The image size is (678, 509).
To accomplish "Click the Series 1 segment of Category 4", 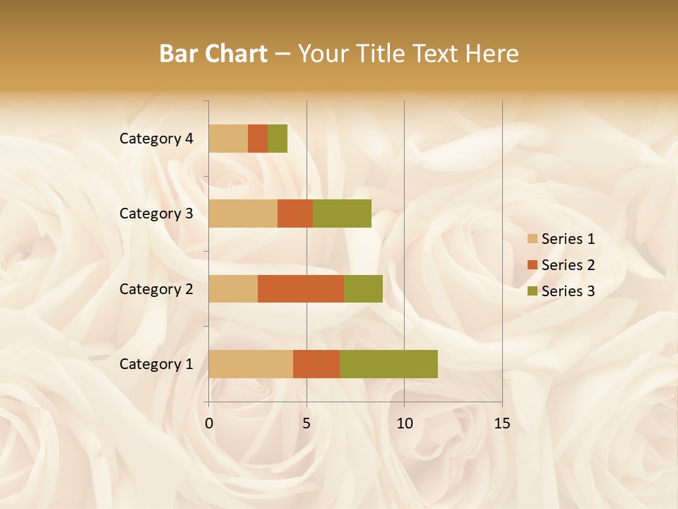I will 228,139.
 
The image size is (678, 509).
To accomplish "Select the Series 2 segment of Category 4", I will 258,139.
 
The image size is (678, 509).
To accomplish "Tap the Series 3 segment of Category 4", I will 278,139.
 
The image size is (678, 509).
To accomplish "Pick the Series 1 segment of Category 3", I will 243,213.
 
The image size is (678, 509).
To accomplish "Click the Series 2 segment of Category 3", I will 295,213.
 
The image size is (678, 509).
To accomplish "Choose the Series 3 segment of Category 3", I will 342,213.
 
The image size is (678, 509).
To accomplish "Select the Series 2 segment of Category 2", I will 301,288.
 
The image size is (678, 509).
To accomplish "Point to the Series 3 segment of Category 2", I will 363,288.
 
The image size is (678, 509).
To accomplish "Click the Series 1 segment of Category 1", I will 251,364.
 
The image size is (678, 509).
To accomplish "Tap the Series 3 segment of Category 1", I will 388,364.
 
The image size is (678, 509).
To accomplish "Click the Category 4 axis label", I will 156,139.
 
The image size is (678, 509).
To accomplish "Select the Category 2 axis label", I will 156,288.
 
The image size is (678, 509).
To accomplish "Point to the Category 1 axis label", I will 156,364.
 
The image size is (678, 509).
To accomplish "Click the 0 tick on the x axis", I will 209,423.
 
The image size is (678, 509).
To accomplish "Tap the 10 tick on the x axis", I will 404,423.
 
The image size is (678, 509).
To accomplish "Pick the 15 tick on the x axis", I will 501,423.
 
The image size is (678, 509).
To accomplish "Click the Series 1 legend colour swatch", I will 533,239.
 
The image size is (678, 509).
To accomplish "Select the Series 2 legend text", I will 568,265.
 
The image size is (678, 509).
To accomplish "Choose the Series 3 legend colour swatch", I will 533,291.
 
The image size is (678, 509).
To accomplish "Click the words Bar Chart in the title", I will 213,53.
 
